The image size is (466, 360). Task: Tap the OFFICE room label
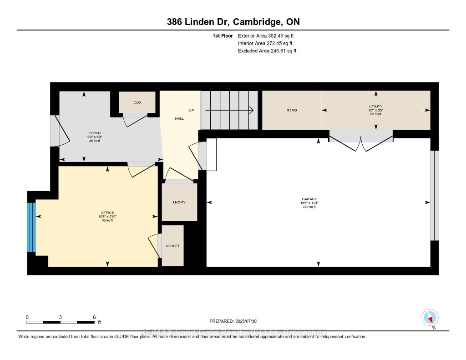coord(107,213)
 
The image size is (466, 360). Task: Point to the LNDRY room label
coord(179,202)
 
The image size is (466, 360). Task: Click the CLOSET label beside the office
coord(172,246)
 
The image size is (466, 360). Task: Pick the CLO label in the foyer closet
coord(137,102)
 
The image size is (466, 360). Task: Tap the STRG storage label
coord(292,110)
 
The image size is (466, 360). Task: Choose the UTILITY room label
coord(375,106)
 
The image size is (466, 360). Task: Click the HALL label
coord(180,118)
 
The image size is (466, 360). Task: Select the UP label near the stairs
coord(192,110)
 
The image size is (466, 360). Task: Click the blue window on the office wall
coord(31,227)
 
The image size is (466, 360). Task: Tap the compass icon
coord(430,317)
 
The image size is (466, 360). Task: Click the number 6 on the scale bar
coord(94,317)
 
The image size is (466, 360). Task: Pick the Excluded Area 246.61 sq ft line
coord(267,51)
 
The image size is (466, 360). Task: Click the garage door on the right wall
coord(435,195)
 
